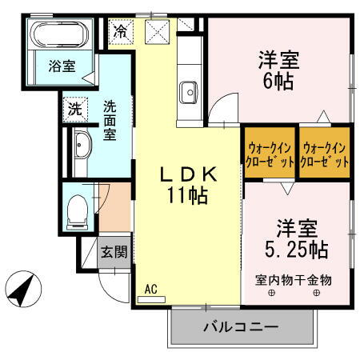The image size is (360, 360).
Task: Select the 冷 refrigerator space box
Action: tap(120, 33)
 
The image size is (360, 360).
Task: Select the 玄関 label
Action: tap(114, 253)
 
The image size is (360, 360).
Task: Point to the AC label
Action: tap(150, 289)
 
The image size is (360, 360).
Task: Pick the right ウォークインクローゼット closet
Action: tap(325, 153)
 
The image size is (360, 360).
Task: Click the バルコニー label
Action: tap(240, 327)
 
